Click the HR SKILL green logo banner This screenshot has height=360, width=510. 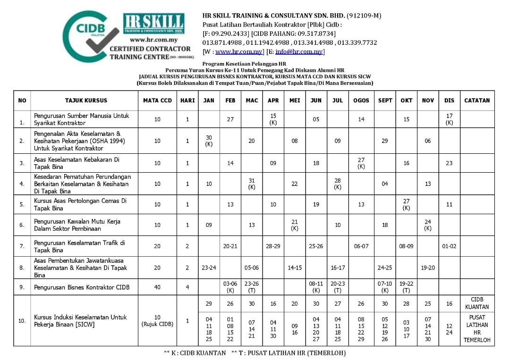pos(153,24)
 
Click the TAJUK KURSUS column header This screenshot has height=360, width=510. pos(86,100)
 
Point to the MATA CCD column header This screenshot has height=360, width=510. pos(157,100)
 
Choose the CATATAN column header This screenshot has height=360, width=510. pos(477,100)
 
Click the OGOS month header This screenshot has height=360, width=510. pos(361,100)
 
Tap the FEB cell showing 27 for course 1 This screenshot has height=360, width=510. pos(230,119)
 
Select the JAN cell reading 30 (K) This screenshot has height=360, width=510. pos(209,141)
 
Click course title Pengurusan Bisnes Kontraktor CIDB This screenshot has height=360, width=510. pos(82,287)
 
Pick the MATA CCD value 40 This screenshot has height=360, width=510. pos(157,287)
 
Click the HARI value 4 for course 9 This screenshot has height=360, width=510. pos(187,287)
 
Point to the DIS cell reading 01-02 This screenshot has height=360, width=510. pos(449,246)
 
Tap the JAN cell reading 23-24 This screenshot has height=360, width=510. pos(209,268)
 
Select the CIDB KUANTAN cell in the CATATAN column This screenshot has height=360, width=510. pos(477,303)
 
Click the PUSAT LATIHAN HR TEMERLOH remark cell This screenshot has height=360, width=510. pos(477,329)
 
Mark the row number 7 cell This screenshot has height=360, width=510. pos(22,247)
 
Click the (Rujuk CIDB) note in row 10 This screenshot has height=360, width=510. pos(157,324)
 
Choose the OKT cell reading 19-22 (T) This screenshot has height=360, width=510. pos(406,287)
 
